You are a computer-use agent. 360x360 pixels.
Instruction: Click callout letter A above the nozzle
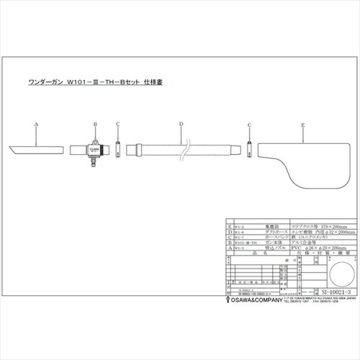[x=35, y=125]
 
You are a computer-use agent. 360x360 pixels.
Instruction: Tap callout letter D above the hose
[x=180, y=125]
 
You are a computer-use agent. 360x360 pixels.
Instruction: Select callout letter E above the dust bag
[x=303, y=125]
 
